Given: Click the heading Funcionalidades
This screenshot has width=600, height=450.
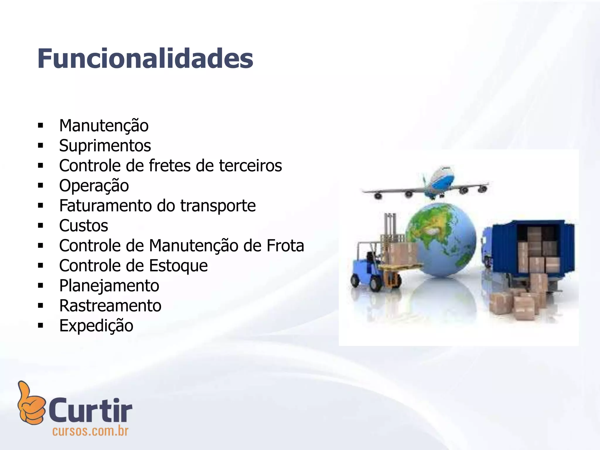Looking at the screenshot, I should click(x=145, y=59).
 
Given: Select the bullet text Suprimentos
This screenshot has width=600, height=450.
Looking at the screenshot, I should click(x=105, y=146).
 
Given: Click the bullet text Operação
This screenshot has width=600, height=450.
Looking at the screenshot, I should click(x=94, y=186).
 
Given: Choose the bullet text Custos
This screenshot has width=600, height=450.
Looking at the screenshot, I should click(x=83, y=226).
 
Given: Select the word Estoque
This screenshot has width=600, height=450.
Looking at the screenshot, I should click(x=178, y=266).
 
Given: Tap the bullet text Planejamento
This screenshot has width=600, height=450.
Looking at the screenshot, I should click(x=109, y=286).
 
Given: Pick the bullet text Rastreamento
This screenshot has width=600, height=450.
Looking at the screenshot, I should click(x=110, y=306).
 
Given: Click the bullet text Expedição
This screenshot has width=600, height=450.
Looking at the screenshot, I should click(x=96, y=326).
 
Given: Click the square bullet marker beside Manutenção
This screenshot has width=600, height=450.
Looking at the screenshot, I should click(x=40, y=126).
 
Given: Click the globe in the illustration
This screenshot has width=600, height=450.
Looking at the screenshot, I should click(x=441, y=239).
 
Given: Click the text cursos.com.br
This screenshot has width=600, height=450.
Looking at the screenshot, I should click(x=90, y=431).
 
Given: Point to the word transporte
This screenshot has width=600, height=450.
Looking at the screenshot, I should click(x=218, y=206).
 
